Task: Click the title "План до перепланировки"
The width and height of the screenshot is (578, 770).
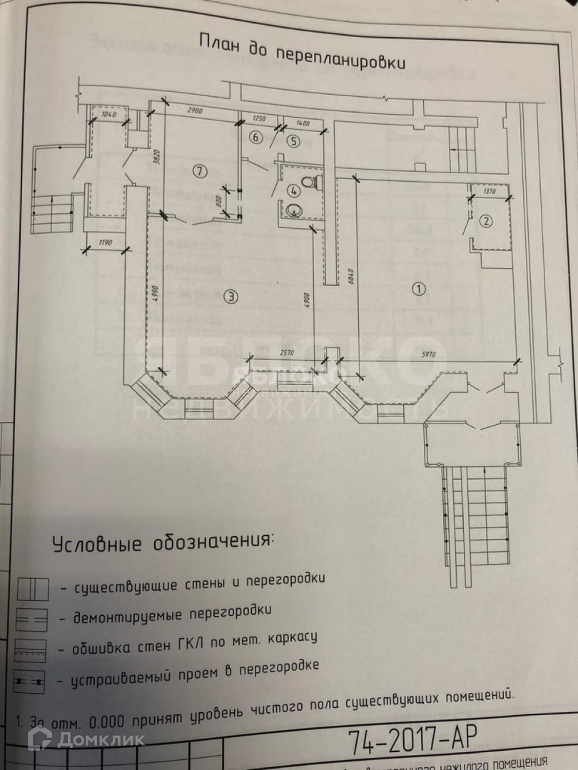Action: pyautogui.click(x=303, y=51)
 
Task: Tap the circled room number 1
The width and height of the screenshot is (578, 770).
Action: pyautogui.click(x=419, y=288)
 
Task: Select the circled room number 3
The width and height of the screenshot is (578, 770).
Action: pyautogui.click(x=230, y=295)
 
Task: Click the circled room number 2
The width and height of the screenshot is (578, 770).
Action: pyautogui.click(x=485, y=220)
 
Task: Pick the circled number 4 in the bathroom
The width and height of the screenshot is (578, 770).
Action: pyautogui.click(x=293, y=190)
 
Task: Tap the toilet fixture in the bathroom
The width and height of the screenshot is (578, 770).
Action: pyautogui.click(x=308, y=182)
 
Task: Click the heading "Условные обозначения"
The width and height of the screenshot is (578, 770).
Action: pyautogui.click(x=163, y=542)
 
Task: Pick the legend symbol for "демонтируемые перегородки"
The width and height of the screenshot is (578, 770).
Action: pyautogui.click(x=31, y=620)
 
